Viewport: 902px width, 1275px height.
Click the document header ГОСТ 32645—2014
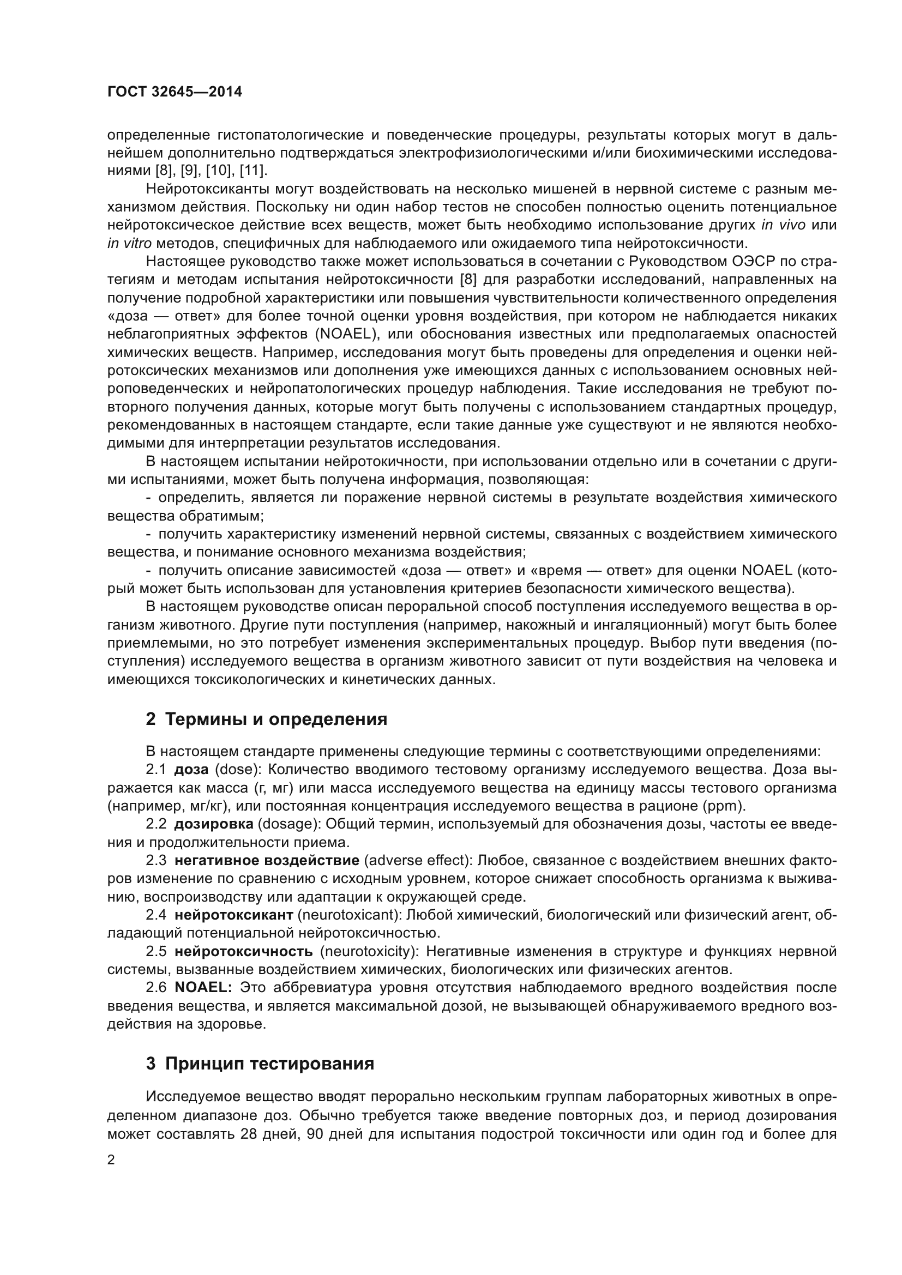click(175, 92)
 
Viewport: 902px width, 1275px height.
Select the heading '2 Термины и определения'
click(266, 720)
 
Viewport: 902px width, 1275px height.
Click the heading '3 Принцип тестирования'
click(260, 1064)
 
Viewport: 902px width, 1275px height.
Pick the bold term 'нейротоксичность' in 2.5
click(243, 951)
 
